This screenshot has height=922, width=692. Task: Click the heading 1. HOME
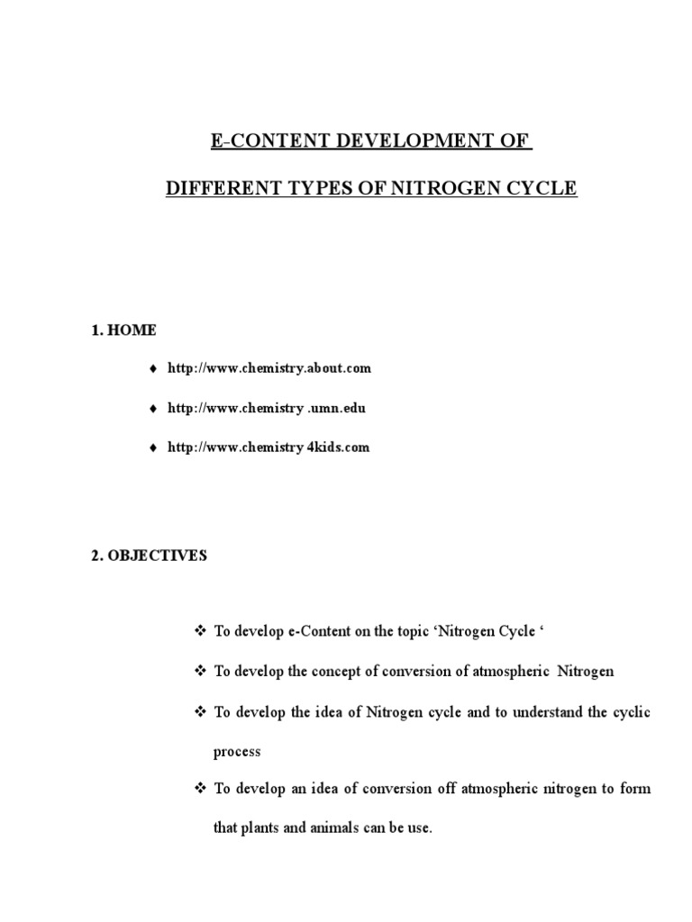pos(123,330)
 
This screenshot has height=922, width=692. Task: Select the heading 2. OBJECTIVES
pos(149,556)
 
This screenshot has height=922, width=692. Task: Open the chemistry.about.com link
pos(269,368)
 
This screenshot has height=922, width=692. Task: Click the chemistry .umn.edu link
pos(267,408)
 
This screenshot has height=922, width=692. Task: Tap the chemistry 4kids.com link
pos(269,447)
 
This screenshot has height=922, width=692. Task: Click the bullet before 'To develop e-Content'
pos(201,632)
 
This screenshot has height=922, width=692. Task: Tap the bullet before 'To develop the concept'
pos(201,672)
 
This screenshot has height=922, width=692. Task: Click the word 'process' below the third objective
pos(237,751)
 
